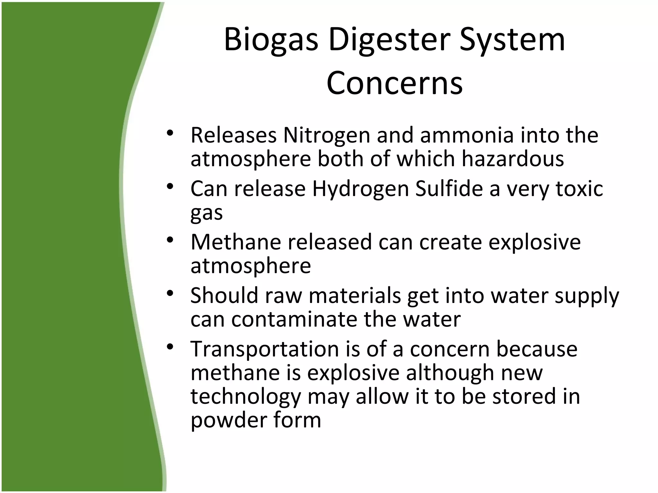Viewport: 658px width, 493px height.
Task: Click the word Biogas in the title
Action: (271, 40)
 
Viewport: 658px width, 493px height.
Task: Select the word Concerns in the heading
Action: (395, 83)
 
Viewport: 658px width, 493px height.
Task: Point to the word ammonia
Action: (467, 135)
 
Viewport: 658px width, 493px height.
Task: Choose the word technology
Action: (245, 396)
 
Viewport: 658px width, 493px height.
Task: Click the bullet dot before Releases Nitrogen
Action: (170, 133)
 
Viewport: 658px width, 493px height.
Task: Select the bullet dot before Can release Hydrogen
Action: (170, 186)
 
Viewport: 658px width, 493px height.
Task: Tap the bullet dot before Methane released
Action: (170, 239)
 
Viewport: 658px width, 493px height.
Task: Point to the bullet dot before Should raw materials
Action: (170, 293)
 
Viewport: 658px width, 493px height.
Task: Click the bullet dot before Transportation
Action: (170, 347)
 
